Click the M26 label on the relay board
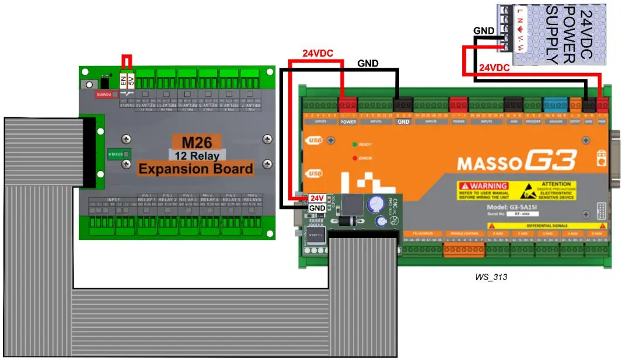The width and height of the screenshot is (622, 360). (x=196, y=142)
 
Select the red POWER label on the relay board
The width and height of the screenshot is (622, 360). (x=103, y=94)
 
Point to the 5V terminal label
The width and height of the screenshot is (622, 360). (x=131, y=81)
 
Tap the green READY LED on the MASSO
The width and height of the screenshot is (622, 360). (x=354, y=144)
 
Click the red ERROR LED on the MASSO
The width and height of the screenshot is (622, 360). (x=354, y=158)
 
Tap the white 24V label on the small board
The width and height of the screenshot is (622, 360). (x=316, y=198)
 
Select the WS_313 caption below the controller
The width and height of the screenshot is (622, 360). (x=491, y=277)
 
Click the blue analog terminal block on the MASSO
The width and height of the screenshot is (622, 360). (x=551, y=104)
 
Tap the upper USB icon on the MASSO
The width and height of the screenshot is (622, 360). (x=315, y=141)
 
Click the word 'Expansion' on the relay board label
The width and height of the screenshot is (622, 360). (x=170, y=169)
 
